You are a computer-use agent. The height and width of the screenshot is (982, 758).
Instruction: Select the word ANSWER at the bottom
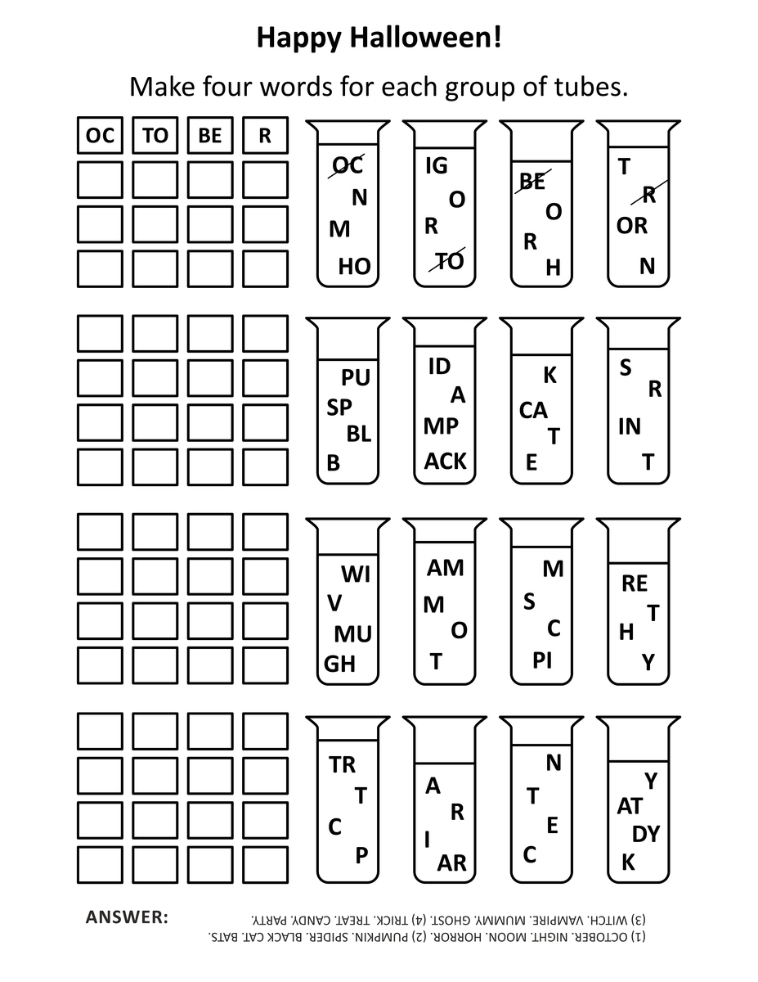coord(127,917)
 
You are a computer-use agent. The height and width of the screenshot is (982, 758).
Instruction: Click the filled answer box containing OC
coord(100,136)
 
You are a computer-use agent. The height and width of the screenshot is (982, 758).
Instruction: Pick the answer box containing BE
coord(210,136)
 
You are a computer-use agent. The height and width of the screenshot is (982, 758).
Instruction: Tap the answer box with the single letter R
coord(265,136)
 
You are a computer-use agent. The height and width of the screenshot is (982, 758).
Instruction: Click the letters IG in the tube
coord(437,165)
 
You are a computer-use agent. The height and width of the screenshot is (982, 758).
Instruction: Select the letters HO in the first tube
coord(354,266)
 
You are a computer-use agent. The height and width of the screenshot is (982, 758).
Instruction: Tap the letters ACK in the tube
coord(445,462)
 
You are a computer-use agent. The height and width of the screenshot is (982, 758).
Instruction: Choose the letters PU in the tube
coord(356,378)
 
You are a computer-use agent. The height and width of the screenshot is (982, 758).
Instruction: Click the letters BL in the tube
coord(359,434)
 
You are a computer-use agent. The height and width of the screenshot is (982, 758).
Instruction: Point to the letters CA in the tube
coord(533,410)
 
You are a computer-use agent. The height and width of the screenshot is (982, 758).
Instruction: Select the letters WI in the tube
coord(356,574)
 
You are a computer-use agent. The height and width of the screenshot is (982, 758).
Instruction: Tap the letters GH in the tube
coord(340,664)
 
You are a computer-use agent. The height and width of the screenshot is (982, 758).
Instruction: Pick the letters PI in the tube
coord(542,660)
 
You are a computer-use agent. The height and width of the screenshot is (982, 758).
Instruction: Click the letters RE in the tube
coord(635,583)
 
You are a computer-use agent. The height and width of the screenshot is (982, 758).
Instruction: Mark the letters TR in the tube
coord(343,765)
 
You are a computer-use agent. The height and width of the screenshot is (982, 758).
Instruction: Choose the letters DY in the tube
coord(646,835)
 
